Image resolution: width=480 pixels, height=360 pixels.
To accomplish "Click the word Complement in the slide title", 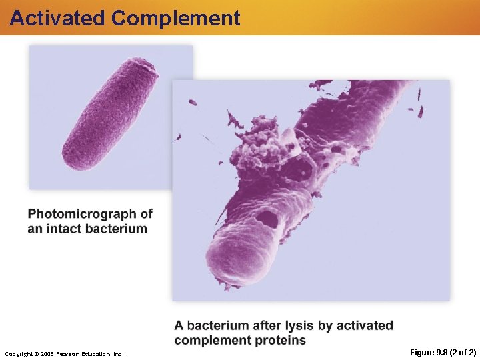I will point(176,18).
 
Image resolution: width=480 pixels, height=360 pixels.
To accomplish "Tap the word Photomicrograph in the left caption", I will point(83,215).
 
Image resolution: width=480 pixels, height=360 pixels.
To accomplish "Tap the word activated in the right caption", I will point(365,326).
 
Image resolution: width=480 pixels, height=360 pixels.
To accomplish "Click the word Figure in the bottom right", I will point(421,352).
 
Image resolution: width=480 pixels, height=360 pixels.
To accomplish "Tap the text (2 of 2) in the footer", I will point(464,352).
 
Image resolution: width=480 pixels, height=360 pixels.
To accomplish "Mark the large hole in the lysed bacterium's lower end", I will point(269,218).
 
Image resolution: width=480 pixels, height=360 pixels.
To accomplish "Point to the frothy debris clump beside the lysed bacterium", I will point(257,143).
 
